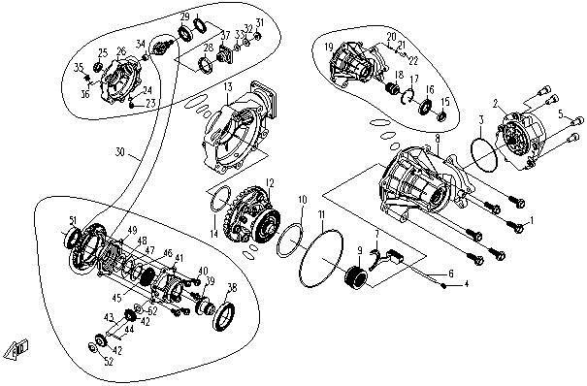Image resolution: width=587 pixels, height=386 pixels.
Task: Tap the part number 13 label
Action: pos(225,87)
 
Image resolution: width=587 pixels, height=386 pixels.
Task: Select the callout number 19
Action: pos(329,47)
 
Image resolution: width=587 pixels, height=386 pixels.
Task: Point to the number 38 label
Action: pos(231,288)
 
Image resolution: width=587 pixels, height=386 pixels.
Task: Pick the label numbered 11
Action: pos(321,213)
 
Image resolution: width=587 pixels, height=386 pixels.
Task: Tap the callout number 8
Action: pos(438,140)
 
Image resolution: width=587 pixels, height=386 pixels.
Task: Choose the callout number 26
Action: pos(120,51)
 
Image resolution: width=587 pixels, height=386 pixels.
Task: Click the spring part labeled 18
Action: pos(394,90)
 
